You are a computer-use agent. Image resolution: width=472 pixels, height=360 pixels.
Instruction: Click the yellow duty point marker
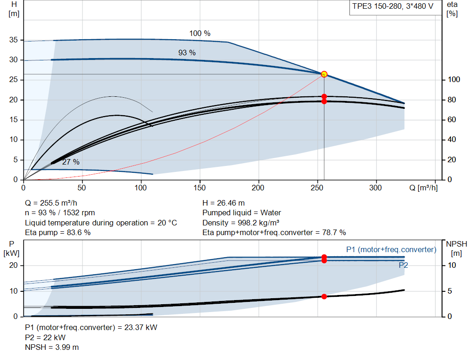(324, 74)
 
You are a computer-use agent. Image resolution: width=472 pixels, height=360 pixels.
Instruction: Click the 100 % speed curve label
(200, 33)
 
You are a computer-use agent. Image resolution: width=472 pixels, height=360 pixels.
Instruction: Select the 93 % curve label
(187, 53)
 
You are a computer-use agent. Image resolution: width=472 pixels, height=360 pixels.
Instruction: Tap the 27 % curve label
(71, 162)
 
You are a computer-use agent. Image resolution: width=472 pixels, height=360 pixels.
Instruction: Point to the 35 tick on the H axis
(13, 40)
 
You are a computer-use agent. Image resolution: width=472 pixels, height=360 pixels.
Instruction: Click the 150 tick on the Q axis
(200, 188)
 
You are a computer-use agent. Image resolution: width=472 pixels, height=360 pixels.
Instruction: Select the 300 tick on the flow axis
(376, 188)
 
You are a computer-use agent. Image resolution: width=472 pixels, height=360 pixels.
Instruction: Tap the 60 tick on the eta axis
(452, 119)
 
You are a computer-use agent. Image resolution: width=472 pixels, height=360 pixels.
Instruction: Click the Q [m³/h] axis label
(423, 188)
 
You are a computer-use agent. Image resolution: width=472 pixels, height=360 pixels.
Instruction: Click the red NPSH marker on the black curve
(324, 296)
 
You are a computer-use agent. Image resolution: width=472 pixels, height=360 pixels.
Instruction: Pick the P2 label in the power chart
(403, 265)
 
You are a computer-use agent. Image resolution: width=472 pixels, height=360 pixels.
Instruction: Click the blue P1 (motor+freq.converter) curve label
(391, 249)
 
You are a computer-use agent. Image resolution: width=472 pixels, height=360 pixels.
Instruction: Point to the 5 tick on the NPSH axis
(449, 291)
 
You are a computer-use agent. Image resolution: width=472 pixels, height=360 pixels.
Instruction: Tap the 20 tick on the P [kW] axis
(13, 265)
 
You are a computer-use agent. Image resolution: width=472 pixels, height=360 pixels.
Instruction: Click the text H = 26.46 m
(224, 203)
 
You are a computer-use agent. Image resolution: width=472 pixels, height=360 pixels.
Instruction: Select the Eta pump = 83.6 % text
(58, 233)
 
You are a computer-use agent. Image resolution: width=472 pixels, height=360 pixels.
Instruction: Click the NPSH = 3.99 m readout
(52, 348)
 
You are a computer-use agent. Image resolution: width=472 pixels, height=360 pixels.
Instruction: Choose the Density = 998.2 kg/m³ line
(241, 223)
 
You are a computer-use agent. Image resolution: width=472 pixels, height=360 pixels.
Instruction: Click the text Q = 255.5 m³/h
(51, 203)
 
